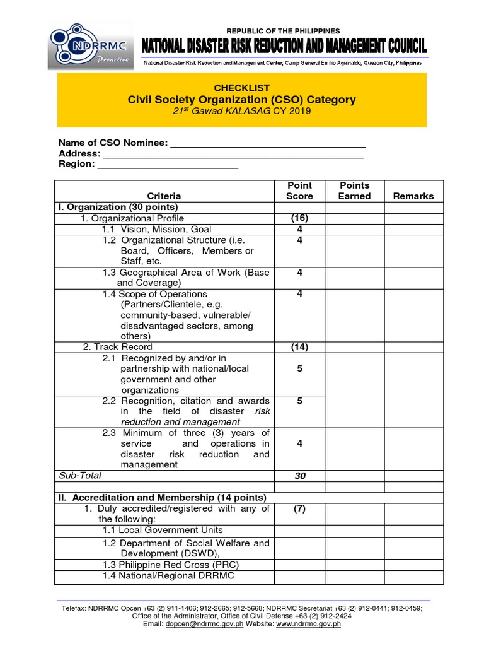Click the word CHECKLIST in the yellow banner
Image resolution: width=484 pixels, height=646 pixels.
point(242,88)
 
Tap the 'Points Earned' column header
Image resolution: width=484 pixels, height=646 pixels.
point(354,191)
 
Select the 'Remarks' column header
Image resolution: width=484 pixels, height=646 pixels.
point(413,196)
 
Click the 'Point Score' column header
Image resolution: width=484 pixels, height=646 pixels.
point(299,191)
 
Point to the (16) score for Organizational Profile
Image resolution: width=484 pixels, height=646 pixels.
point(299,218)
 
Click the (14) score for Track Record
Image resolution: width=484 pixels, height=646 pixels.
point(299,347)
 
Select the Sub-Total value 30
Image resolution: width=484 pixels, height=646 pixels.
point(299,476)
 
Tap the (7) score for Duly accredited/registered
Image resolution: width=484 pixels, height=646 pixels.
point(299,508)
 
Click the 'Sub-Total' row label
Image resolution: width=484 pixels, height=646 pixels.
point(79,475)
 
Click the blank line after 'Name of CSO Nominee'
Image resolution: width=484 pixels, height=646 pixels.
point(268,143)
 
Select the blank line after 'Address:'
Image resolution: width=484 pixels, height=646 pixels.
point(233,154)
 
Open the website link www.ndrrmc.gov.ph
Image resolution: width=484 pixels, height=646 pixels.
point(308,624)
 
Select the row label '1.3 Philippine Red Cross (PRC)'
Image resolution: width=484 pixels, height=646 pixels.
point(171,565)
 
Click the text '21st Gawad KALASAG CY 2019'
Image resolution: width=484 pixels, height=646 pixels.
point(242,111)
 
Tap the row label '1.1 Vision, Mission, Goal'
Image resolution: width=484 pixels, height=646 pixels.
point(157,229)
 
